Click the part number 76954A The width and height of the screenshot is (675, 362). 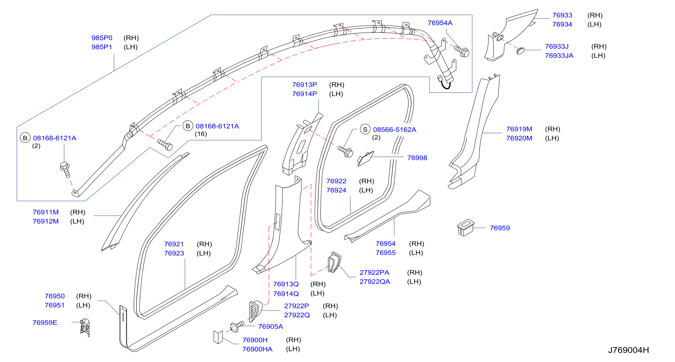440,23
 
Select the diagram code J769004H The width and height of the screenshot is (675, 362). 628,350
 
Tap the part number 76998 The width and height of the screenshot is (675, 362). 417,158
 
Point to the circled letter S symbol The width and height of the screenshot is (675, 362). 365,130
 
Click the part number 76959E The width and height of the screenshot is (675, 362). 45,323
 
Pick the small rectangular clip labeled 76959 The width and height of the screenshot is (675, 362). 465,228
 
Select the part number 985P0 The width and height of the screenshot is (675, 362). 102,38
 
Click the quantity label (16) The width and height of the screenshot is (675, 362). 201,134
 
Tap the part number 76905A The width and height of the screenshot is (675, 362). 270,327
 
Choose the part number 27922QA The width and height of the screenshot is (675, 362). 375,282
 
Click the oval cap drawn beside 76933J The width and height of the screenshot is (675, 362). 520,50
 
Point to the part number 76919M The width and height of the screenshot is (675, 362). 519,129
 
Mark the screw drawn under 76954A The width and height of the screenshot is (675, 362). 462,51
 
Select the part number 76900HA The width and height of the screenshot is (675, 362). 257,349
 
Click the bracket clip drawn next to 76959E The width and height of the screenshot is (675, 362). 85,327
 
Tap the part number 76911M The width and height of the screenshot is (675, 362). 46,212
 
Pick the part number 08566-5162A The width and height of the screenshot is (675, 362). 395,130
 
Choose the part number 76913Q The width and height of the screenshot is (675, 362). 286,284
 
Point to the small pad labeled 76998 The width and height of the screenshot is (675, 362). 366,159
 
